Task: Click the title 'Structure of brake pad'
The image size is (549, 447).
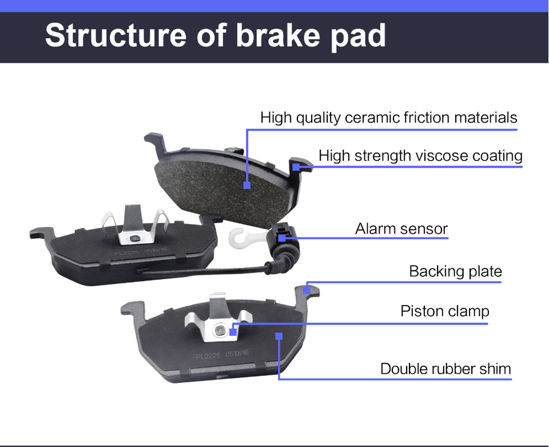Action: click(215, 35)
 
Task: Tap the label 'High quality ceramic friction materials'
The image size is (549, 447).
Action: click(388, 118)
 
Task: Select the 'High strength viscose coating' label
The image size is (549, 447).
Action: click(420, 156)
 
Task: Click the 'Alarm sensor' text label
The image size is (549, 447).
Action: click(401, 229)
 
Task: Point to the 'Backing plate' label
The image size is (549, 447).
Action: click(455, 271)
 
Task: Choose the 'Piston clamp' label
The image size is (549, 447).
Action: click(445, 311)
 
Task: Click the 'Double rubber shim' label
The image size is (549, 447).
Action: click(445, 369)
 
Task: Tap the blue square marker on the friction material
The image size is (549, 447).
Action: click(247, 185)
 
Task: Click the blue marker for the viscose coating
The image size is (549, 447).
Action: click(296, 167)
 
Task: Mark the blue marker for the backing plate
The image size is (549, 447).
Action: click(307, 290)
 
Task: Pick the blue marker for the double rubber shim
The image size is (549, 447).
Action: click(279, 337)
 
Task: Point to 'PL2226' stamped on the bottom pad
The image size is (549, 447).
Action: click(208, 355)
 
